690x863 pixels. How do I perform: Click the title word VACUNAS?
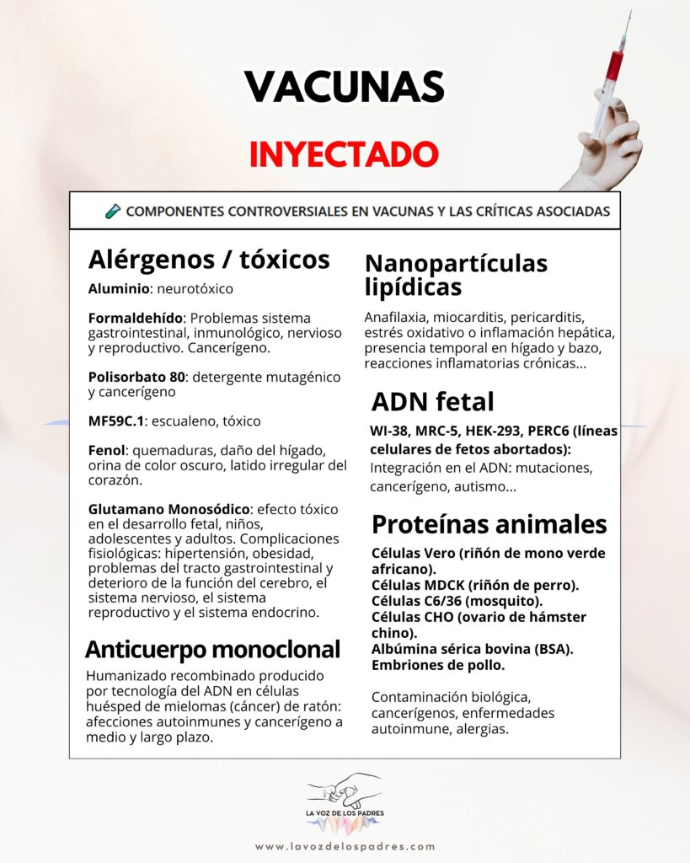pos(344,87)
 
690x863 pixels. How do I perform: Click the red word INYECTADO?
pos(344,153)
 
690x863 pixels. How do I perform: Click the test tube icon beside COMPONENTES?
pos(113,211)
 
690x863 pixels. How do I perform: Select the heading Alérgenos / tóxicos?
pos(209,259)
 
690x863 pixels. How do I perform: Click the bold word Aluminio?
pos(117,289)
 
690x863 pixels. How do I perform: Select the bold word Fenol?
pos(104,451)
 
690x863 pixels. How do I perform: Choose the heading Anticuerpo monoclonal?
pos(212,649)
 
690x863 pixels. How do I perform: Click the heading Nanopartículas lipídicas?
pos(456,275)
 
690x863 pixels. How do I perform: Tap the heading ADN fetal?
pos(433,401)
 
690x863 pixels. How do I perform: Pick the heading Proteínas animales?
pos(489,524)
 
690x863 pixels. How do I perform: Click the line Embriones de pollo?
pos(438,666)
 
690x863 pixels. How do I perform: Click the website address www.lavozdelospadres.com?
pos(345,846)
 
